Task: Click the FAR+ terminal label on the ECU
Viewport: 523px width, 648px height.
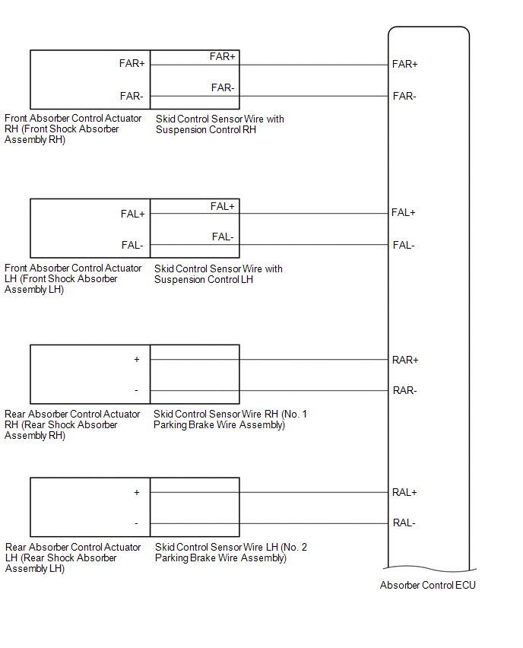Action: click(x=404, y=64)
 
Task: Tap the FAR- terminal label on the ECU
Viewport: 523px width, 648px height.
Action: click(x=404, y=96)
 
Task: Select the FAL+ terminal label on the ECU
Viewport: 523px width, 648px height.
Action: click(x=404, y=212)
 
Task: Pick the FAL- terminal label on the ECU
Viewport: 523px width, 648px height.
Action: click(x=403, y=245)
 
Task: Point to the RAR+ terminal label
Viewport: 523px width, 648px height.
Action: click(x=405, y=360)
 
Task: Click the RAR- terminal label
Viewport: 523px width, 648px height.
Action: click(x=404, y=390)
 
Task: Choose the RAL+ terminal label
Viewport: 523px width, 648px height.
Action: click(x=404, y=492)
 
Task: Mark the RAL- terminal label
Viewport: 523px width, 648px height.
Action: click(x=404, y=523)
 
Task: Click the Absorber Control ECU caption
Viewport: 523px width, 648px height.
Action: click(x=428, y=585)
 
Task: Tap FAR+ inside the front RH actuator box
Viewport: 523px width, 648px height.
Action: click(x=132, y=63)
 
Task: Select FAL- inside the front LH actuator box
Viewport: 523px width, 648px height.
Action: click(x=132, y=245)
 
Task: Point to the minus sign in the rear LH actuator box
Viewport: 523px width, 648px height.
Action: click(x=137, y=523)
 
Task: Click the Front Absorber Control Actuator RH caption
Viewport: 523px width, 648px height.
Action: click(x=72, y=129)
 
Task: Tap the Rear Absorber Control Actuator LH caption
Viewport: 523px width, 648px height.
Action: click(x=73, y=557)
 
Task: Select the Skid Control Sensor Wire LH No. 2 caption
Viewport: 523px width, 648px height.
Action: click(x=231, y=552)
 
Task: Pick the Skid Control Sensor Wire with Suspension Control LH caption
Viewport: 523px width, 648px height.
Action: click(x=218, y=274)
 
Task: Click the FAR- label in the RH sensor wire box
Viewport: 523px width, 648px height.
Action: click(x=223, y=87)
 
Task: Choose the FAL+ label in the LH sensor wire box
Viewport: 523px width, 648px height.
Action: click(x=223, y=206)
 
